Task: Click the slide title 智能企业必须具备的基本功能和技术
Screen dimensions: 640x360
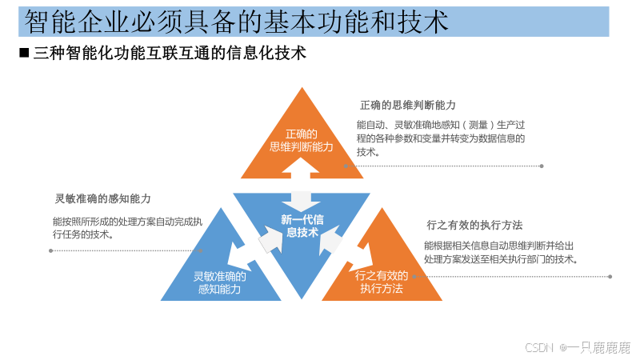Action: (x=236, y=21)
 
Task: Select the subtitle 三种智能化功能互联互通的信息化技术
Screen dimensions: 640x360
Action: (x=170, y=54)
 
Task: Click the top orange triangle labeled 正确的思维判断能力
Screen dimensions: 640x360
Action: (x=301, y=141)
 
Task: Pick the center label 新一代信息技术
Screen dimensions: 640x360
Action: (x=302, y=226)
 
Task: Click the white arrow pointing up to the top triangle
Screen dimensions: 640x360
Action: (x=301, y=178)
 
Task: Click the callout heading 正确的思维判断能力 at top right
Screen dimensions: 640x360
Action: (x=407, y=106)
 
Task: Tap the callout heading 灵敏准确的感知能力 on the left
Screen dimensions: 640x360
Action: (x=102, y=198)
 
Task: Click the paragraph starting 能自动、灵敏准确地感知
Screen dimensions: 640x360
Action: (x=441, y=138)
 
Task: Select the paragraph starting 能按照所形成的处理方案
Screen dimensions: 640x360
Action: (x=128, y=228)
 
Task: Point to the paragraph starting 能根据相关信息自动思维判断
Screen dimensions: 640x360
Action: (x=500, y=253)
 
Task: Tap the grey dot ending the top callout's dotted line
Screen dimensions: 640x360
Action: (x=542, y=166)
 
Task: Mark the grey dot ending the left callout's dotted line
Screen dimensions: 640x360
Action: (x=51, y=250)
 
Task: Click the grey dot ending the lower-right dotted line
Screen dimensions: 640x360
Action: (x=610, y=277)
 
